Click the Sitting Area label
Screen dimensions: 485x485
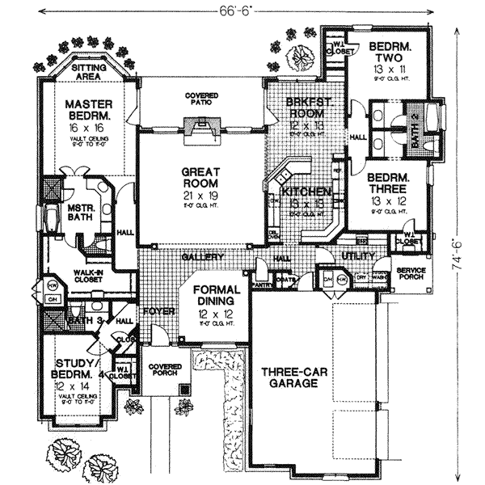pos(89,74)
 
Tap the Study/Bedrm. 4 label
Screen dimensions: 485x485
pos(78,369)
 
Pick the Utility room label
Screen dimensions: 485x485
pos(359,256)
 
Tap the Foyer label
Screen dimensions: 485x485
pos(154,310)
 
